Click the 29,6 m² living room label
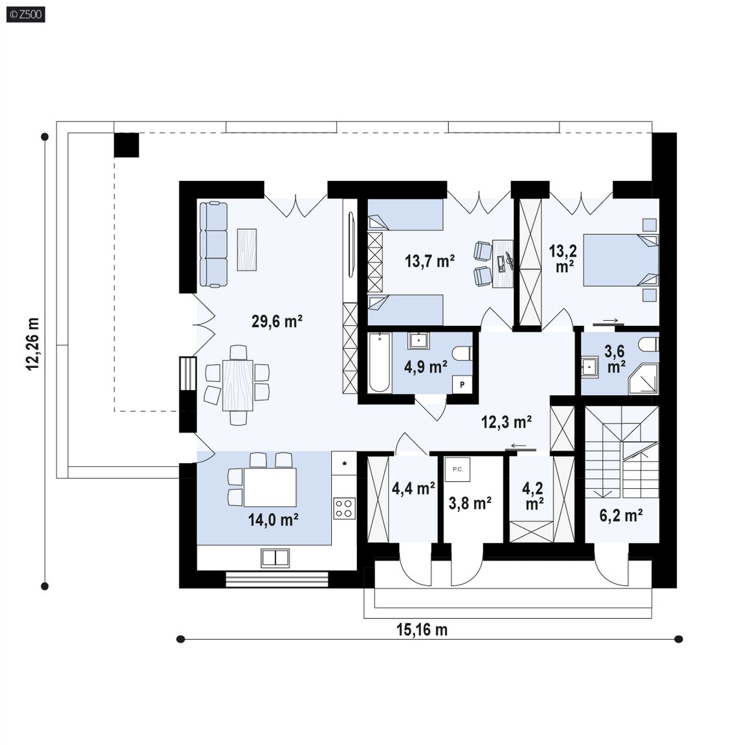coord(277,321)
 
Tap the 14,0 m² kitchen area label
coord(273,520)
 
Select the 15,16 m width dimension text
coord(422,630)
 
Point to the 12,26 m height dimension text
coord(33,344)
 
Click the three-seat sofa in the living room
coord(213,244)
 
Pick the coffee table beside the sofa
coord(246,250)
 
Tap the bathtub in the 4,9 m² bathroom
coord(379,363)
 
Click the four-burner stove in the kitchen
coord(345,508)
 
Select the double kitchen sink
coord(275,558)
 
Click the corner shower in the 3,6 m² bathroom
coord(644,380)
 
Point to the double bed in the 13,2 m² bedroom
coord(621,260)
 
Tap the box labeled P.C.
coord(458,470)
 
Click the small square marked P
coord(462,385)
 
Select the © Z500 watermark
coord(26,15)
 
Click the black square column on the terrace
coord(126,145)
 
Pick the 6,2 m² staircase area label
coord(621,515)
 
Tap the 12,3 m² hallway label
coord(506,422)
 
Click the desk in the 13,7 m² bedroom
coord(502,263)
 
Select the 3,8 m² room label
coord(470,502)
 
